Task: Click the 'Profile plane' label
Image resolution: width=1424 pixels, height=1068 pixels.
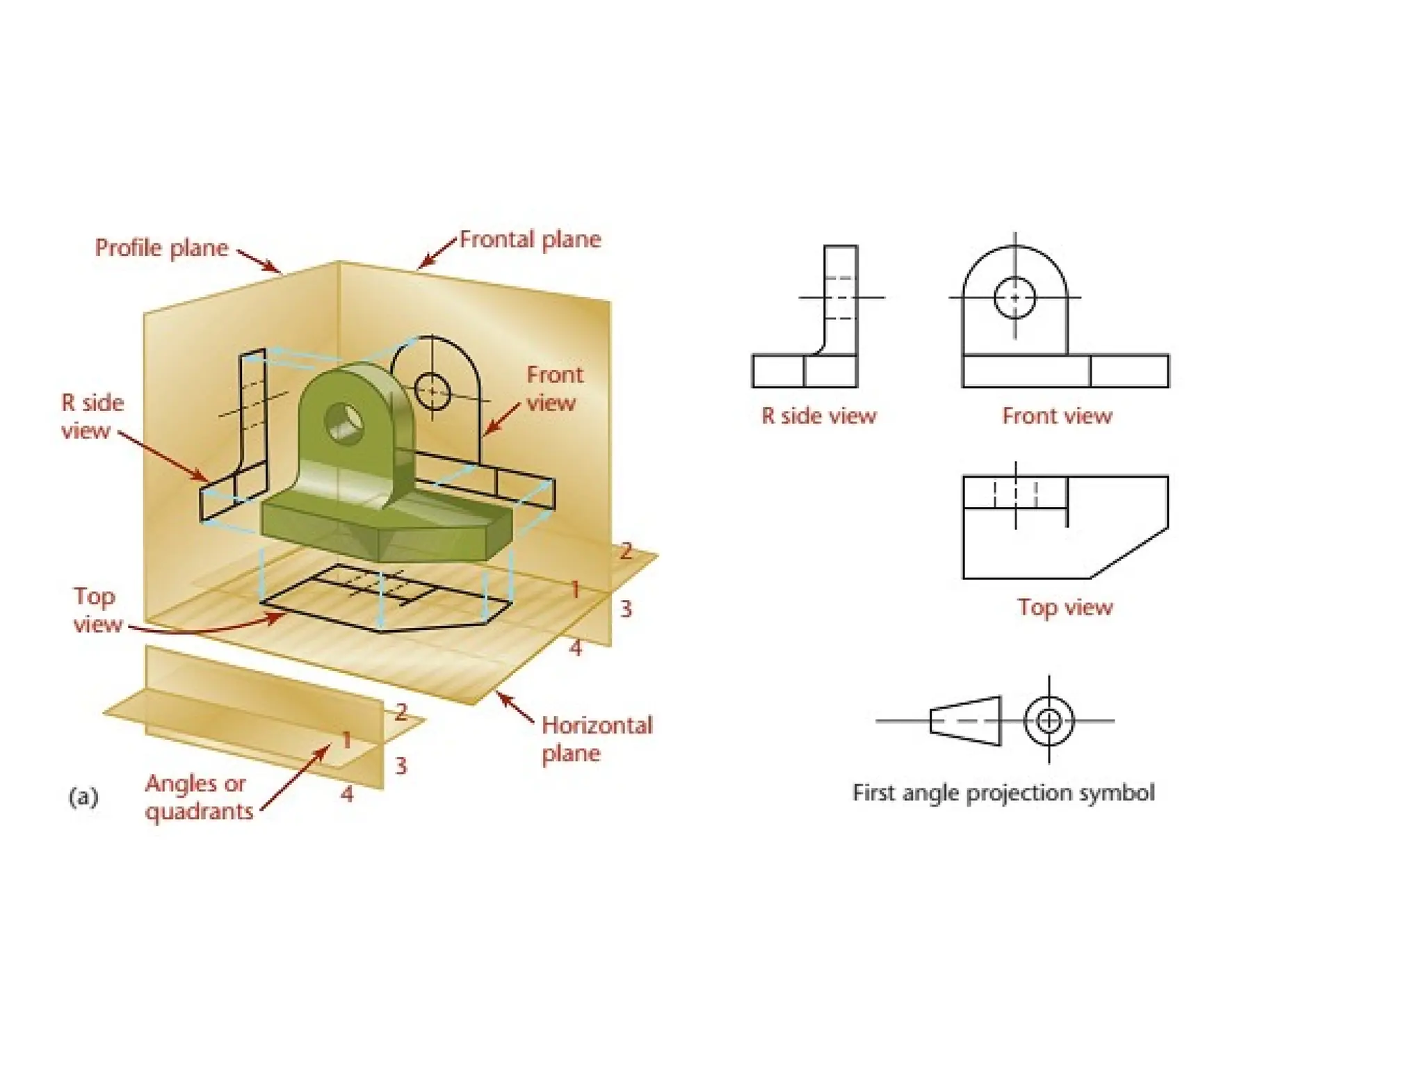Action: (161, 248)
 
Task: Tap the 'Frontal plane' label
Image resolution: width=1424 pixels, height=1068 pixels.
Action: (530, 240)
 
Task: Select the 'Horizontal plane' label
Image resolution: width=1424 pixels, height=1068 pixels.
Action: (597, 739)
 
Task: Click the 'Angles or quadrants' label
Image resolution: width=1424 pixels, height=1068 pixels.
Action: (199, 798)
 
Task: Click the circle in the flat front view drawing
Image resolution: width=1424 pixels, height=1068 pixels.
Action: (1014, 298)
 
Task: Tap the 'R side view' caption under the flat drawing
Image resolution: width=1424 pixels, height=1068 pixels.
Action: (818, 416)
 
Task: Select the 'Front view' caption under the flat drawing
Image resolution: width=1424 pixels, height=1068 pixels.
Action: (1057, 416)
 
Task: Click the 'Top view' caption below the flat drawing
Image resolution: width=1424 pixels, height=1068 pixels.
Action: (1065, 607)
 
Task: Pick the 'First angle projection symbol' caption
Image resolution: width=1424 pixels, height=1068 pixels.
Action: (1003, 793)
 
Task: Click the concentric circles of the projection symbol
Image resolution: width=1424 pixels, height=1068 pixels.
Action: (1049, 720)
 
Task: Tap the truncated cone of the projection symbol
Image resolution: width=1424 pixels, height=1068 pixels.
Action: (965, 721)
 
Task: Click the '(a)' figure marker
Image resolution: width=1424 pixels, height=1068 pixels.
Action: (83, 796)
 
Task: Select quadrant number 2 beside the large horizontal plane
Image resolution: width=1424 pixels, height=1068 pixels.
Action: (626, 551)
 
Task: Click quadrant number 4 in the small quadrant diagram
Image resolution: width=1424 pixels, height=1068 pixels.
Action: (347, 794)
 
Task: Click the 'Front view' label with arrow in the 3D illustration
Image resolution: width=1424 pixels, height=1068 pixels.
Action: (554, 389)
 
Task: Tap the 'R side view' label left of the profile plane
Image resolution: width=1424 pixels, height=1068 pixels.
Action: (92, 416)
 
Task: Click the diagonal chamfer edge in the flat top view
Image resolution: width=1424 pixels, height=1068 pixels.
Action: (1128, 553)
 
